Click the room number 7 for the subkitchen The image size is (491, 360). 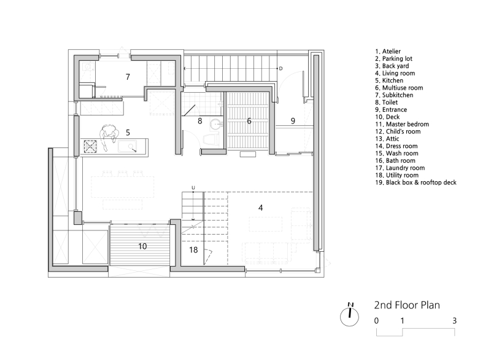coord(128,77)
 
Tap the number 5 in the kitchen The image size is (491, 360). coord(128,131)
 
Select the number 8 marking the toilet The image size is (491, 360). coord(199,121)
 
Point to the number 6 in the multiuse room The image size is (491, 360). coord(249,121)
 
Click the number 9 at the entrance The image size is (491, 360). coord(293,121)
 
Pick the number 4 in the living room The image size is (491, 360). coord(261,208)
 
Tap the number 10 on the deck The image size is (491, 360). coord(142,246)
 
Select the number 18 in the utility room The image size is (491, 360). coord(193,250)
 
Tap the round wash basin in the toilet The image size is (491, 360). coord(214,123)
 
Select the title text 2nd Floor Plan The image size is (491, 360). coord(407,304)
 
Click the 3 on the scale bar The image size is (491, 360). coord(454,321)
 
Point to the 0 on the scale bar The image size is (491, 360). coord(376,321)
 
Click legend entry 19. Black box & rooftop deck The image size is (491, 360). coord(415,182)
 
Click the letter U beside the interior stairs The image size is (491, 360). coord(193,187)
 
